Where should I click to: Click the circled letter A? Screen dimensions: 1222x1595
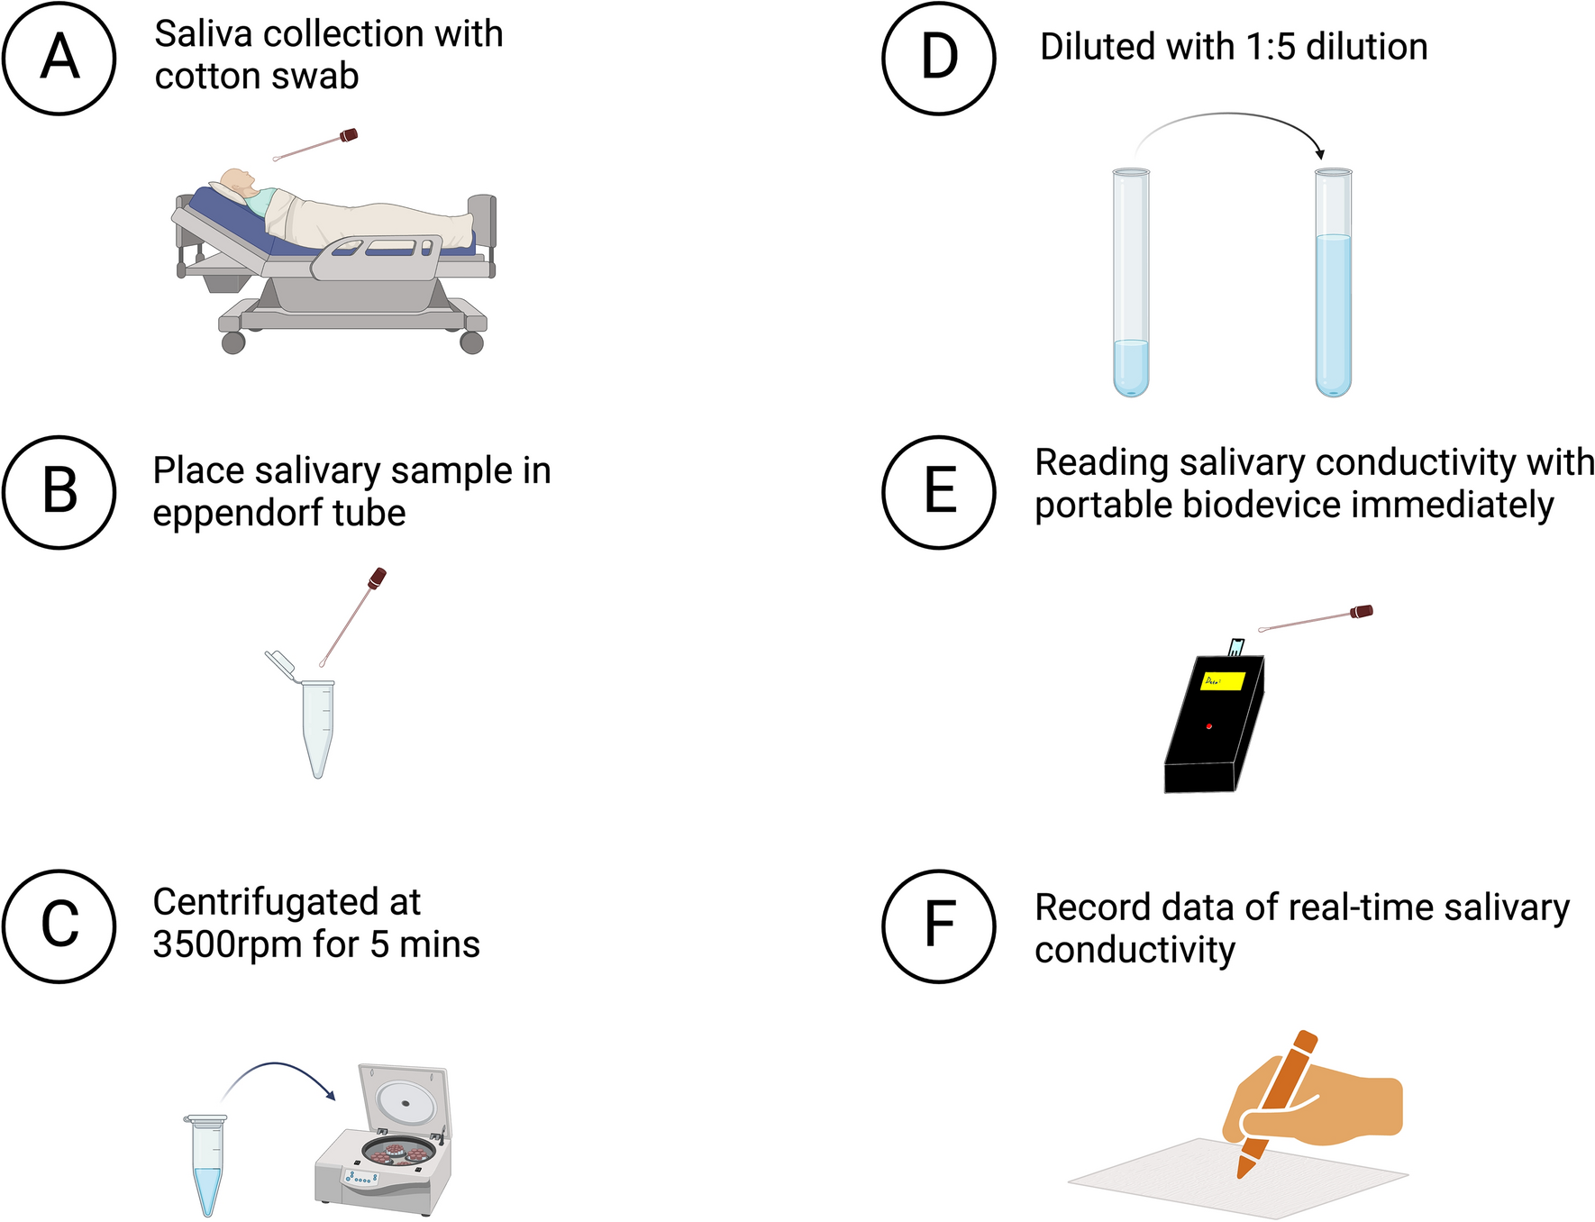pos(59,58)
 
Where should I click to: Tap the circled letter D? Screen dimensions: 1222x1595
pos(939,58)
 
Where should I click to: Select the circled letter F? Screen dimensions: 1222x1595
pos(939,926)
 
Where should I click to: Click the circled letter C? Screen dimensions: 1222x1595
pos(59,926)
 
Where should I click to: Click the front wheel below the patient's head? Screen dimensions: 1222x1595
pos(233,342)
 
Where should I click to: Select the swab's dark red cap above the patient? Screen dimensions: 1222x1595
pos(349,136)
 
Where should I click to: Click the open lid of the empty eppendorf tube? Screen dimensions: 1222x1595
pos(279,663)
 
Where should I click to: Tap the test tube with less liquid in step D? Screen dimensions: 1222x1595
pos(1131,284)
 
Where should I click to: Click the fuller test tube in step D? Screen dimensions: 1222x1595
pos(1333,284)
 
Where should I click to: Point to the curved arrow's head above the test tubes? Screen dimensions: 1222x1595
pos(1319,154)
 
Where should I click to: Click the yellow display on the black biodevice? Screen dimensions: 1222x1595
pos(1223,680)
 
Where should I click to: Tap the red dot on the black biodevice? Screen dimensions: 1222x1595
pos(1208,725)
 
